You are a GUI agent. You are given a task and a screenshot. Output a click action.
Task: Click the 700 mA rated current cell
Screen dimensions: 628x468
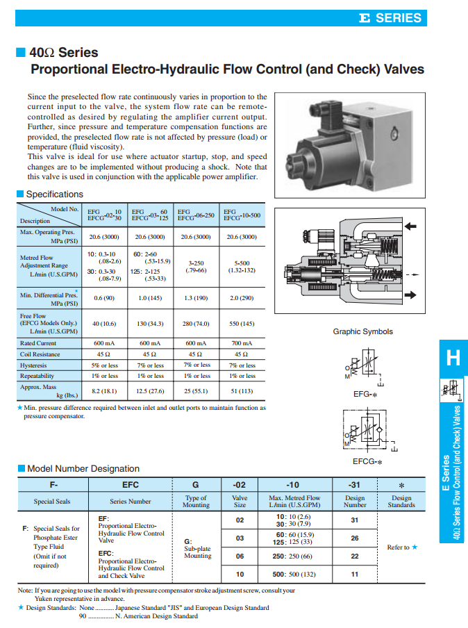click(242, 343)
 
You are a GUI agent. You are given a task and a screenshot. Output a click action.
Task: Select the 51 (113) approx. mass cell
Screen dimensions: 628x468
click(242, 391)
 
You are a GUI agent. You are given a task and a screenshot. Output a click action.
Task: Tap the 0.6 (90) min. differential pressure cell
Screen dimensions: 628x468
click(104, 298)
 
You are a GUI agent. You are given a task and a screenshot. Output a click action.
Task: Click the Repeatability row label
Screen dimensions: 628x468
click(37, 376)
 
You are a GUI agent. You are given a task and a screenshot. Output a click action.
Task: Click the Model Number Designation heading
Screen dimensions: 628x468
click(83, 468)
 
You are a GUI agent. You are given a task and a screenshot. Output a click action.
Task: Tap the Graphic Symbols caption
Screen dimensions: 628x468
click(362, 332)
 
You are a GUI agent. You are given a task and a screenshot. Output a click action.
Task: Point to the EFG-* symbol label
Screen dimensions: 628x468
click(365, 394)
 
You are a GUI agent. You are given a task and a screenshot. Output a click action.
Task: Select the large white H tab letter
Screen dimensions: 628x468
click(453, 358)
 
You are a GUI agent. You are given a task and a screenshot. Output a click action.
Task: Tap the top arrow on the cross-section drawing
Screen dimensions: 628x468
click(410, 226)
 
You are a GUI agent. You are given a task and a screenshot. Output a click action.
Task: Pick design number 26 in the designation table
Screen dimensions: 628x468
click(354, 538)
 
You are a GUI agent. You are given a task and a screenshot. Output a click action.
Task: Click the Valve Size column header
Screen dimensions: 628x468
click(240, 502)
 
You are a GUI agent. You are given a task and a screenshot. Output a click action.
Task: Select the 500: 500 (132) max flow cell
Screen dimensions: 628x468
click(294, 575)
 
